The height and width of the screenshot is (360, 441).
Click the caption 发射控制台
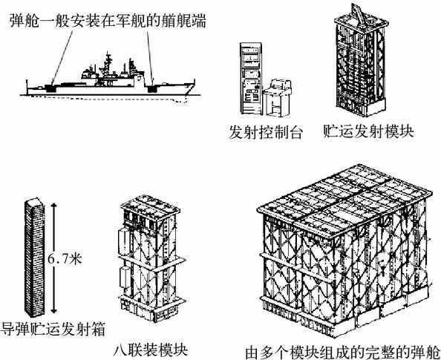[x=266, y=132]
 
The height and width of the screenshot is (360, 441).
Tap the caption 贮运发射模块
[x=369, y=131]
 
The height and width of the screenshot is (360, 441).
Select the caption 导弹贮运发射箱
[x=53, y=329]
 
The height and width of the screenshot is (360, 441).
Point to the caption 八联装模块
[x=151, y=350]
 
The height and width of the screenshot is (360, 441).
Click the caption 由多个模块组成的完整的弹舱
[x=342, y=352]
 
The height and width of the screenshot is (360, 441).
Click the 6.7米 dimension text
[x=65, y=258]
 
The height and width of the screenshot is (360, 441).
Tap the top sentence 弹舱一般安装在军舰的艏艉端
[x=108, y=21]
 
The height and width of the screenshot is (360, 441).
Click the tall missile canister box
[x=34, y=257]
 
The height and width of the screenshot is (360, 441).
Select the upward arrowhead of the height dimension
[x=54, y=206]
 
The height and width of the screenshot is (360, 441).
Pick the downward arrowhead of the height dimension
[x=54, y=310]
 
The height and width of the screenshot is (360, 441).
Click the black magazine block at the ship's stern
[x=50, y=88]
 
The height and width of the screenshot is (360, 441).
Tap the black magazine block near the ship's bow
[x=152, y=88]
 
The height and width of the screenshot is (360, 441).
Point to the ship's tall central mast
[x=108, y=66]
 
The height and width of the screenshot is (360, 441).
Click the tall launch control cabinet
[x=251, y=79]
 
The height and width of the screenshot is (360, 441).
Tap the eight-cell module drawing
[x=151, y=258]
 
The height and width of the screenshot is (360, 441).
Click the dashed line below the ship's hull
[x=110, y=99]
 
